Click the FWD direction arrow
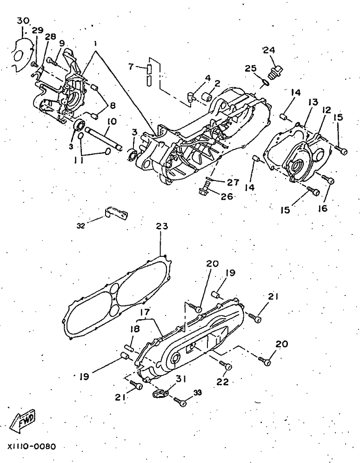[x=23, y=420]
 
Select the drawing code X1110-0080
[x=32, y=446]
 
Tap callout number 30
[x=23, y=21]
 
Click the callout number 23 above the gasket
[x=161, y=227]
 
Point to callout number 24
[x=268, y=50]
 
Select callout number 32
[x=80, y=226]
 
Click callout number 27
[x=233, y=182]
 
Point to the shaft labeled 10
[x=104, y=139]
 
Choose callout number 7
[x=131, y=67]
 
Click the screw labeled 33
[x=180, y=401]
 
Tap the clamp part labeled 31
[x=160, y=393]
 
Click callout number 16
[x=322, y=208]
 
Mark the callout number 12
[x=326, y=110]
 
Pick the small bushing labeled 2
[x=207, y=96]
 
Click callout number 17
[x=145, y=312]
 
